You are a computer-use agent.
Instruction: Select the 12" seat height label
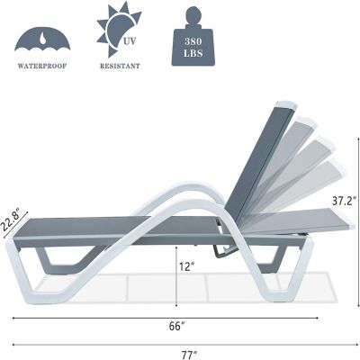184,267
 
